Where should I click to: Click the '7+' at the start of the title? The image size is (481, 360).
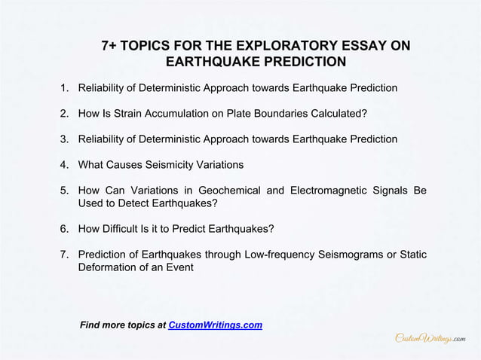(112, 47)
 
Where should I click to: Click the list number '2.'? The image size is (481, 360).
(66, 114)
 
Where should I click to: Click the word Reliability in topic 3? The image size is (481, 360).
(104, 139)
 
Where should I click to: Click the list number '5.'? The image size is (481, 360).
(66, 191)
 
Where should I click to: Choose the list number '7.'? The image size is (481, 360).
(66, 255)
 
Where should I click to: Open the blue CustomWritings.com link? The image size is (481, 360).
(215, 325)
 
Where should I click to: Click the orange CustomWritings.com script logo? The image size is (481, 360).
(430, 339)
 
